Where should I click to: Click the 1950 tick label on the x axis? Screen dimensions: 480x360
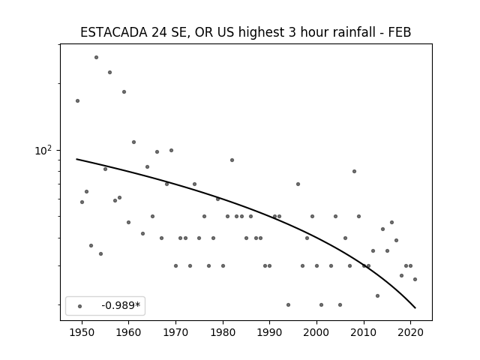click(x=82, y=332)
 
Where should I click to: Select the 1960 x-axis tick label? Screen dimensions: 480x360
click(x=128, y=332)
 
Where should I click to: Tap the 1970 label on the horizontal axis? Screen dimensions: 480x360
click(x=175, y=332)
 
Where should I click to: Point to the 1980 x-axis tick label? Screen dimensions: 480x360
click(x=223, y=332)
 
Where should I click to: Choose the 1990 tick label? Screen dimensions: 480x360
click(x=270, y=332)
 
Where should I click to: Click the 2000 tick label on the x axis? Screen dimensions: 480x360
click(x=316, y=332)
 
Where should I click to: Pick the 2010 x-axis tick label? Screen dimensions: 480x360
click(x=364, y=332)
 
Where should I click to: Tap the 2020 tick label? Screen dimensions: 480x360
click(x=411, y=332)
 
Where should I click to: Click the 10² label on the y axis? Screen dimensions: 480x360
click(x=43, y=150)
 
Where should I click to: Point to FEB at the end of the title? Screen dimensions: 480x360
click(x=400, y=32)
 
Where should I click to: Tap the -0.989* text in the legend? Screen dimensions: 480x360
click(x=121, y=305)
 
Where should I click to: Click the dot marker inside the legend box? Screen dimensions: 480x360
click(x=80, y=306)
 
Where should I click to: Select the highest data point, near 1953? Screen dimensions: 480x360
click(x=96, y=57)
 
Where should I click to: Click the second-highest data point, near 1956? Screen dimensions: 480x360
click(x=109, y=72)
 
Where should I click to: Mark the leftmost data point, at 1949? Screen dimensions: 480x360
click(x=77, y=100)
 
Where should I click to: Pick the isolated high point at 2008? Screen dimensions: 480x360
click(x=354, y=171)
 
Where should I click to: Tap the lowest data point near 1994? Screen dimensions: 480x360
click(x=288, y=304)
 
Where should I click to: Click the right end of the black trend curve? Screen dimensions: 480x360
click(x=415, y=308)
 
